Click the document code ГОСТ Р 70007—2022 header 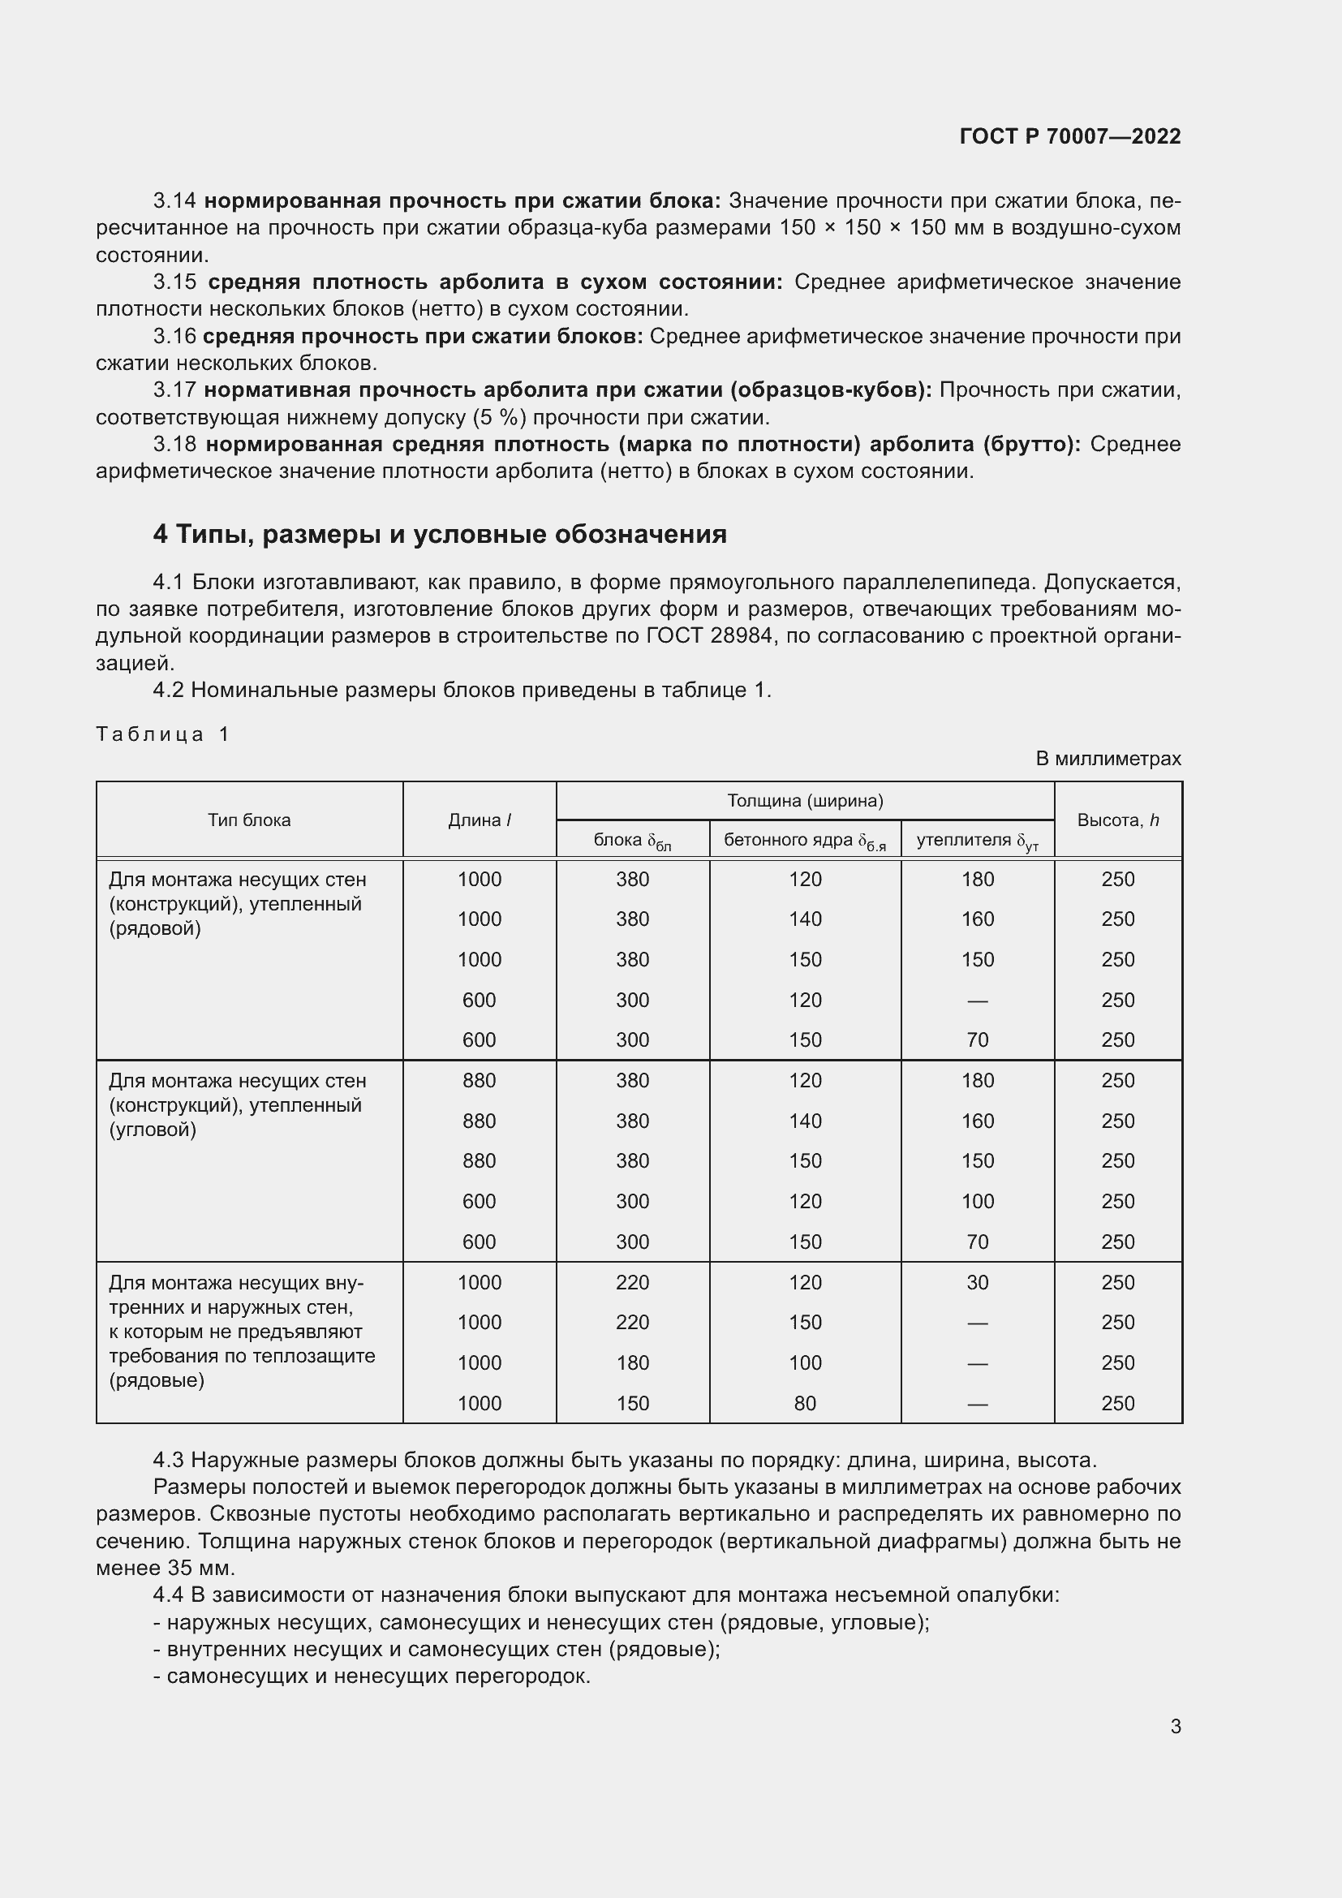point(1070,136)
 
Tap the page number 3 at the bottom point(1175,1726)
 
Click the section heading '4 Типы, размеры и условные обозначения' point(440,535)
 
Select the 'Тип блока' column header point(249,820)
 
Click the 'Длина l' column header point(480,820)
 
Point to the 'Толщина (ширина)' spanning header point(805,800)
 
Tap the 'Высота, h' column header point(1117,820)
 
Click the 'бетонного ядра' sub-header point(804,841)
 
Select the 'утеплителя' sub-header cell point(977,841)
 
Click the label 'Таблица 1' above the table point(162,734)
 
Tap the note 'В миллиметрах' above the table point(1108,758)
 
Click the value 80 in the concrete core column point(804,1403)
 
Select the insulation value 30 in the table point(977,1282)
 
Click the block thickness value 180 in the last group point(632,1362)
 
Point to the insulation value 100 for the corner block point(977,1201)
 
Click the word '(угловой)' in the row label point(153,1130)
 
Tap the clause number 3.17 point(174,390)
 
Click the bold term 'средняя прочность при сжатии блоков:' point(422,337)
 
